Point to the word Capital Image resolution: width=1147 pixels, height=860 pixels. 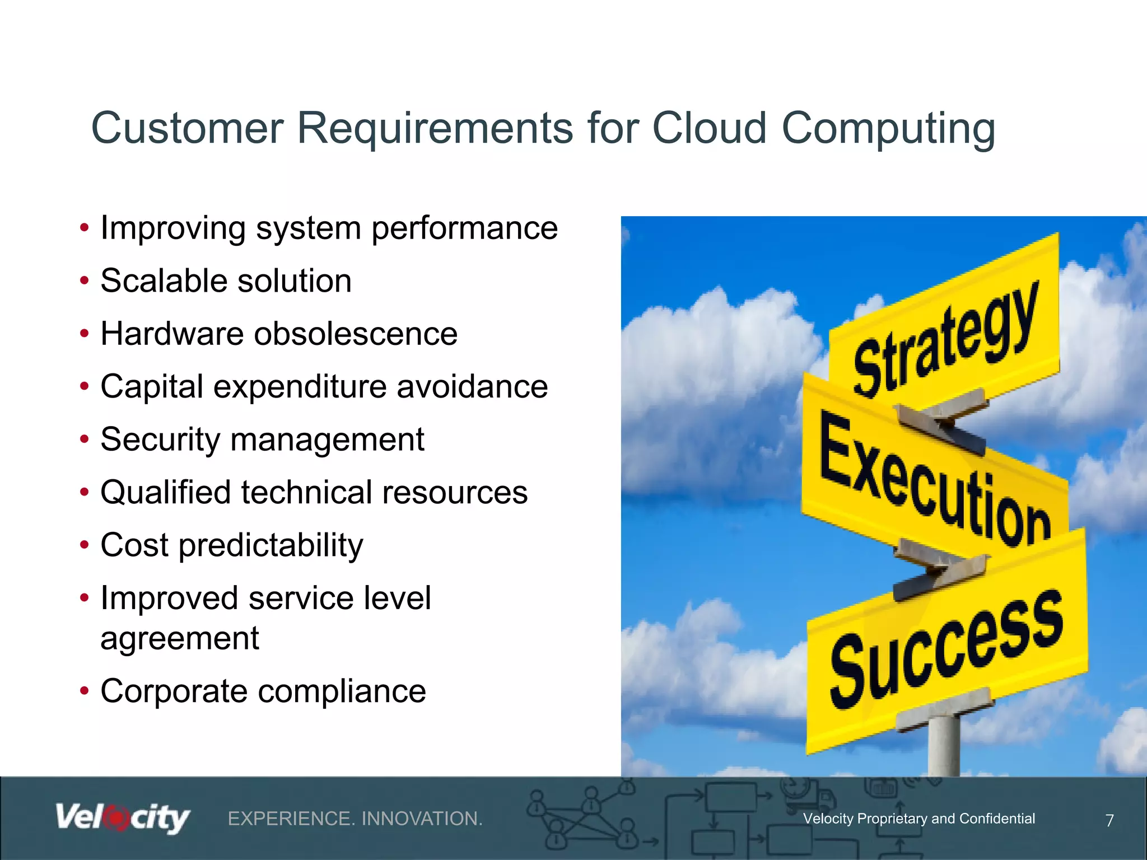152,387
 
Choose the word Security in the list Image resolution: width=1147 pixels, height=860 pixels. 160,440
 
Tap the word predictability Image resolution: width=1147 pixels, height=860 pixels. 271,546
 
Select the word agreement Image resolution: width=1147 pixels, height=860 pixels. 179,639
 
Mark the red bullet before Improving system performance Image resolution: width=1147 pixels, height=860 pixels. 85,228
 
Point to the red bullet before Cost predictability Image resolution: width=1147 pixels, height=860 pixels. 85,545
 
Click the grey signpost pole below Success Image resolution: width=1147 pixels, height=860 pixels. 944,745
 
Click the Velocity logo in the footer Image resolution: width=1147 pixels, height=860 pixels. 123,819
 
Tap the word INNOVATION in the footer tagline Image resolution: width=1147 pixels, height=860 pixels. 422,819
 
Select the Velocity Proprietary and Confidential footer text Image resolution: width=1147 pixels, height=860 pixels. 918,819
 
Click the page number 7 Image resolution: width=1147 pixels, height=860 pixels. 1109,821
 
